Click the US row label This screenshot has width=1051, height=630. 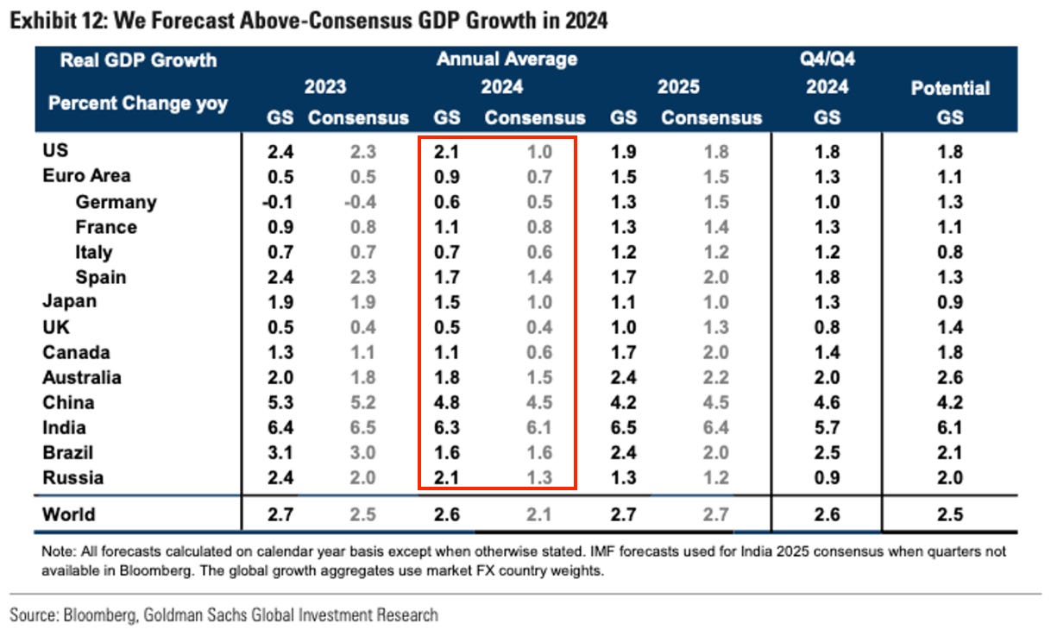tap(55, 151)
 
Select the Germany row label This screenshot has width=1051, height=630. tap(116, 202)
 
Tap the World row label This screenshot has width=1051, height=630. tap(69, 515)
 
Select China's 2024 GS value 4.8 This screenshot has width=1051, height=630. tap(447, 403)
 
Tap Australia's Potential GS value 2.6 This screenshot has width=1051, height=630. tap(949, 378)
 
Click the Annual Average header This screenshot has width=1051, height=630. tap(507, 60)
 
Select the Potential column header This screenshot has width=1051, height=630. tap(950, 88)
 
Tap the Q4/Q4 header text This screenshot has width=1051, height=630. tap(827, 60)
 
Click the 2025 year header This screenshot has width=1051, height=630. tap(678, 88)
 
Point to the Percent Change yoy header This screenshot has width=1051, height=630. tap(138, 104)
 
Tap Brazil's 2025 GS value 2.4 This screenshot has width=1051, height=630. tap(623, 453)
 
